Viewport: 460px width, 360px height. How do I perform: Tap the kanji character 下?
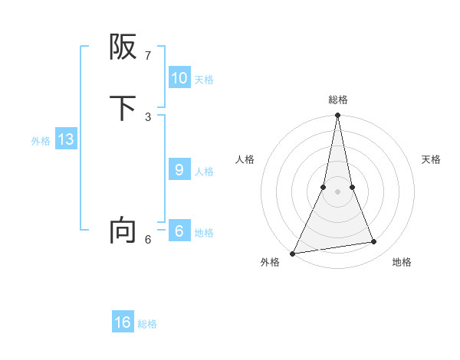pos(123,108)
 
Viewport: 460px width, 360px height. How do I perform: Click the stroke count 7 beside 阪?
pos(148,56)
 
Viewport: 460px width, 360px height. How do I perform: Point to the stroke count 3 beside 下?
pos(148,116)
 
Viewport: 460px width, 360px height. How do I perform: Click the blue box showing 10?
pos(179,77)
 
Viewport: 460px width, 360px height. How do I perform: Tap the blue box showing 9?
pos(179,170)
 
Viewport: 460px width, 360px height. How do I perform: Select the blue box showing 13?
pos(65,139)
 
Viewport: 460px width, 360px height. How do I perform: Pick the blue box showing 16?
pos(123,322)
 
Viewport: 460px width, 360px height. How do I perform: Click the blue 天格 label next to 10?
pos(204,79)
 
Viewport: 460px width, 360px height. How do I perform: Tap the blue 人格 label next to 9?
pos(204,172)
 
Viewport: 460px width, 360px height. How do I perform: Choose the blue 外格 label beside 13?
pos(41,141)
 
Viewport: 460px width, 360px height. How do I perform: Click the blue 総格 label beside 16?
pos(147,324)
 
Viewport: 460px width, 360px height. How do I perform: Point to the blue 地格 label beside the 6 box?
pos(204,233)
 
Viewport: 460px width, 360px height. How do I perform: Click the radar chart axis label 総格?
pos(338,100)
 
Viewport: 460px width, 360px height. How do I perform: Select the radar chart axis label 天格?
pos(431,159)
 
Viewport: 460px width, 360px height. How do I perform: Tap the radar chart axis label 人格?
pos(245,159)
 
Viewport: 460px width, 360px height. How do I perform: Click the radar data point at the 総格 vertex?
pos(337,116)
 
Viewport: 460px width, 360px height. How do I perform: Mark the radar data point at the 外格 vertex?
pos(293,254)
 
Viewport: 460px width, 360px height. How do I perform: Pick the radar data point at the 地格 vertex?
pos(374,242)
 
